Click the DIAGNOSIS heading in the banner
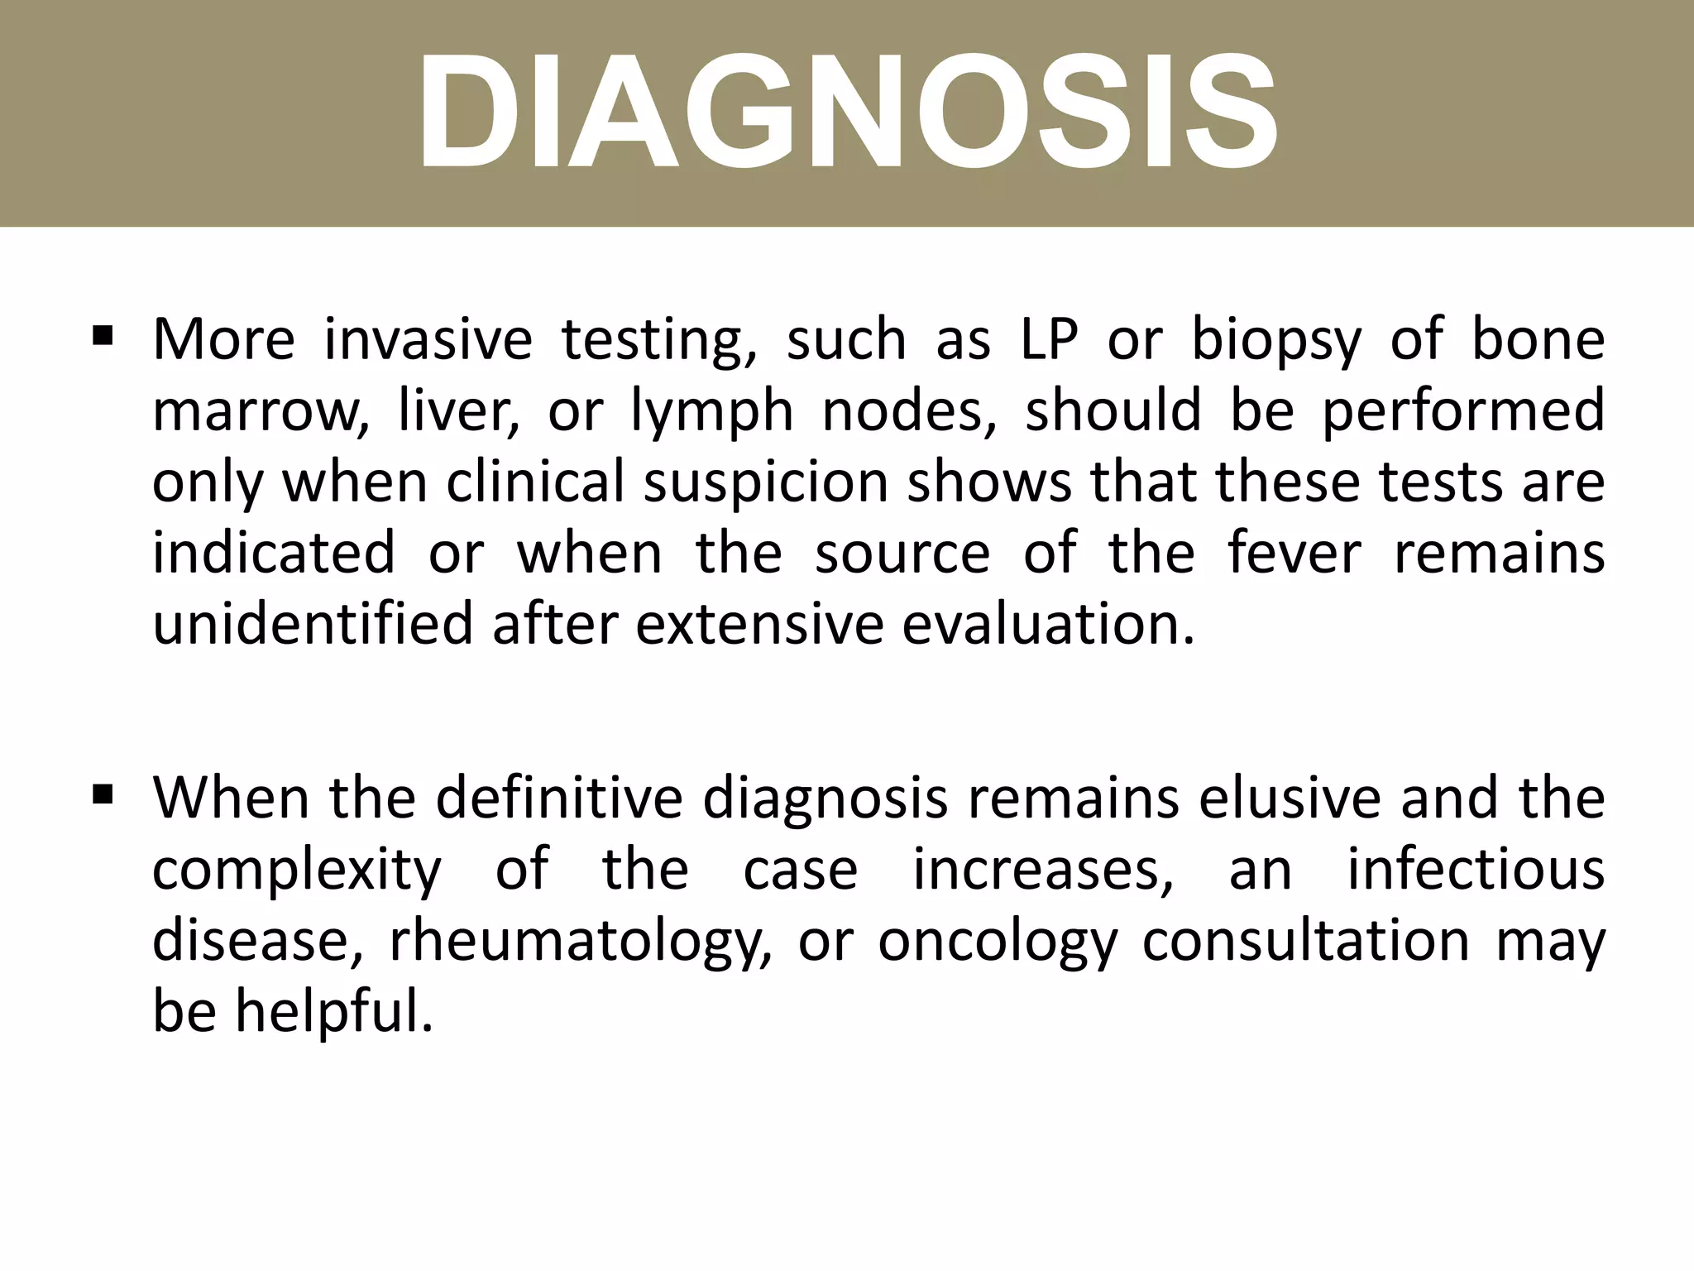(847, 112)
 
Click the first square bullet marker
(103, 336)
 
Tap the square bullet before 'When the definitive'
(103, 795)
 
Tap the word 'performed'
(1462, 412)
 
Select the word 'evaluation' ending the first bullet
(1047, 624)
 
